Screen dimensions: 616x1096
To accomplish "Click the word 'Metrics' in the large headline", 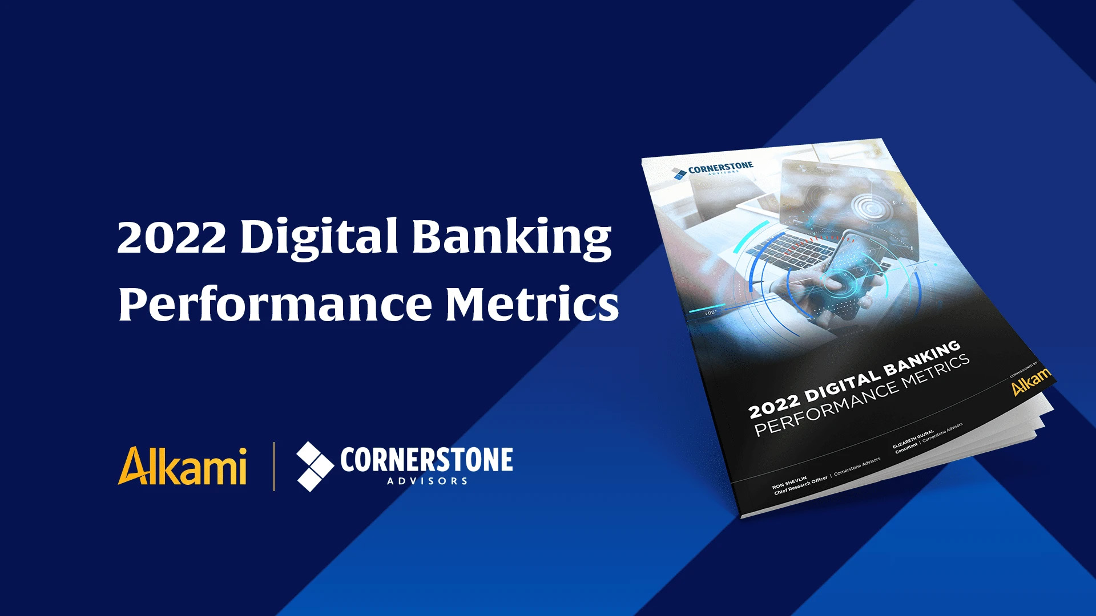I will (x=531, y=303).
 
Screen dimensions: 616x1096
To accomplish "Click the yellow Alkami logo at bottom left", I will (x=183, y=466).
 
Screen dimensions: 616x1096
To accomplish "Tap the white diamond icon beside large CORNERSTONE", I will (x=315, y=466).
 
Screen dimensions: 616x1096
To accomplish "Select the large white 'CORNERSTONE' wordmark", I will (x=426, y=460).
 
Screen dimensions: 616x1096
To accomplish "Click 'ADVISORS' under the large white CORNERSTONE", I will (x=427, y=481).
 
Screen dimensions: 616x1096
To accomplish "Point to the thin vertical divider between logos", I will (x=274, y=466).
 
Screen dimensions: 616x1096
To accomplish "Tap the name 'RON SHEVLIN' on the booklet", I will (x=789, y=483).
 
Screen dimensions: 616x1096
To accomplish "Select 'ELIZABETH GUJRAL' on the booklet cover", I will (x=913, y=439).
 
